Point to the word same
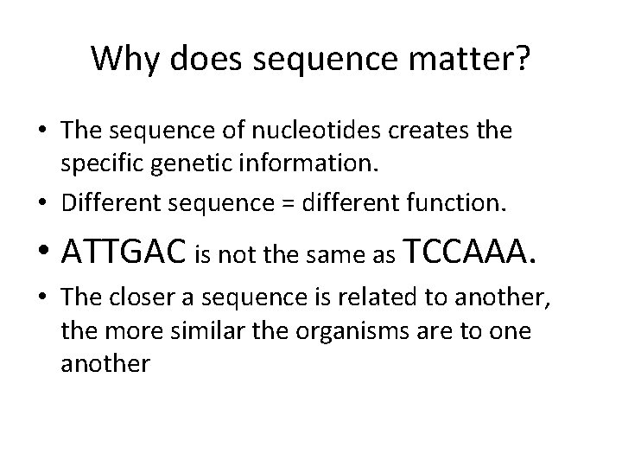[x=340, y=255]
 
